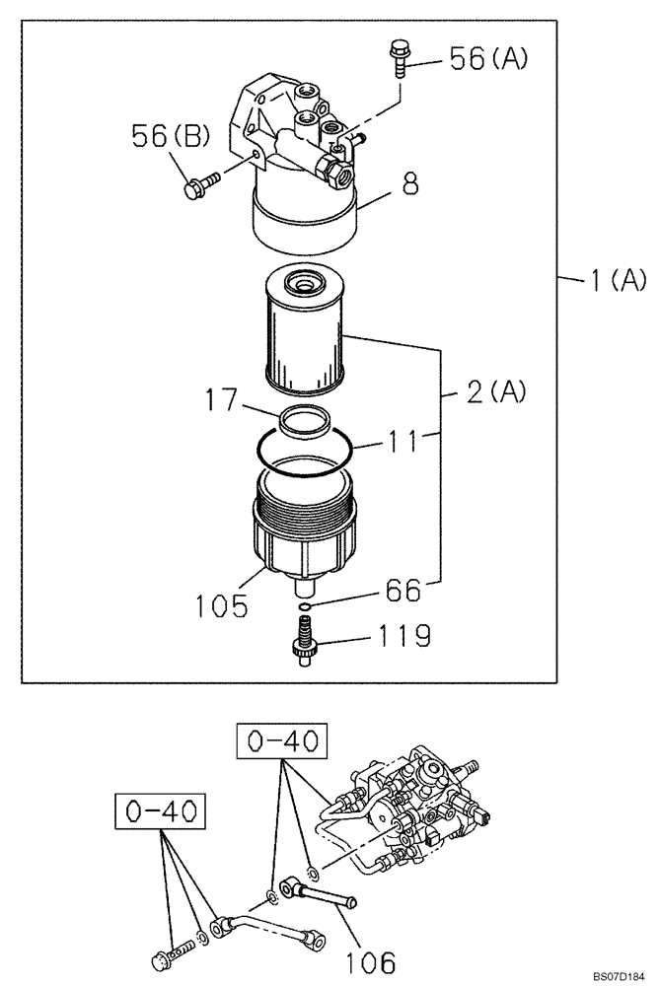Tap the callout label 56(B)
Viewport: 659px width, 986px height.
pos(171,137)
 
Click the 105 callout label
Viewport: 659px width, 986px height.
pos(221,604)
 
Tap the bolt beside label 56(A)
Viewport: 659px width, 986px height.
pos(400,57)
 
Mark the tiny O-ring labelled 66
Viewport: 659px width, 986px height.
pos(306,605)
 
